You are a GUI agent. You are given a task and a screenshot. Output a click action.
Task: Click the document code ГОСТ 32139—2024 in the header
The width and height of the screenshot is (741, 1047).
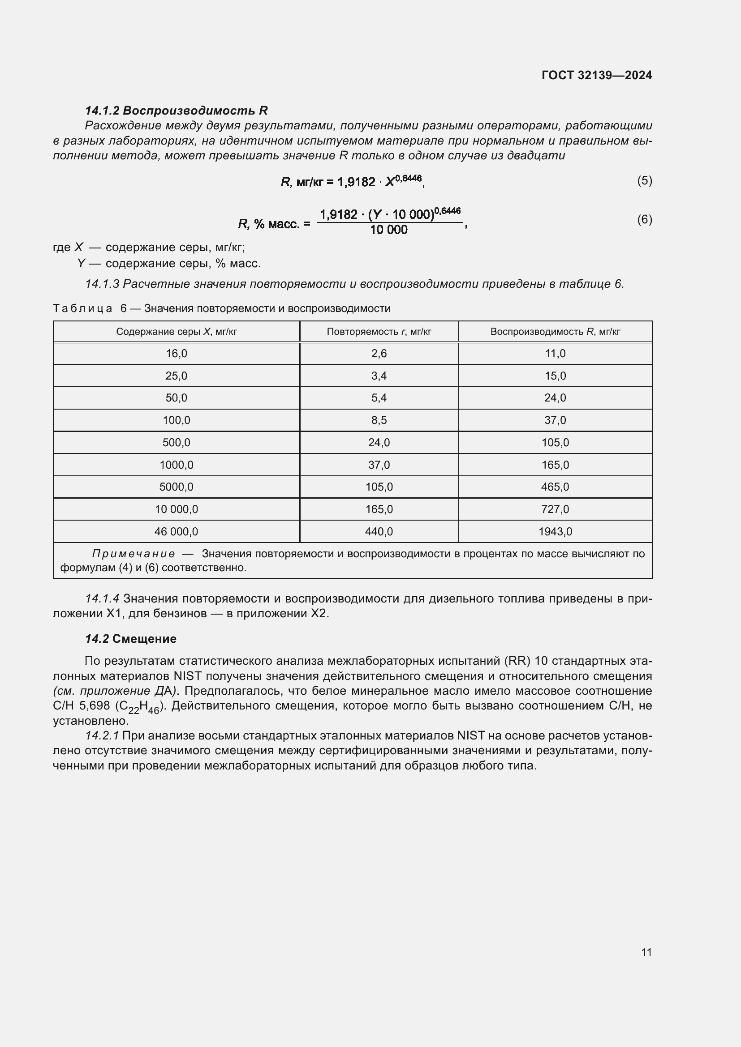point(596,75)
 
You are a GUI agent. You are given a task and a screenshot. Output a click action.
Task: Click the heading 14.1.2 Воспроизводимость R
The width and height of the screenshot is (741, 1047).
point(176,111)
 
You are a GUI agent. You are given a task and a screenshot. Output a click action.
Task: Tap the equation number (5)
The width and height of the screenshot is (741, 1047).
point(644,180)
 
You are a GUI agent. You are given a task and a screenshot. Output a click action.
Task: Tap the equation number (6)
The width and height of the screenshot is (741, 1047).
point(644,219)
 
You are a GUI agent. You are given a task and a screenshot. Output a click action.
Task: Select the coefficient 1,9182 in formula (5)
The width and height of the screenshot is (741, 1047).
point(356,182)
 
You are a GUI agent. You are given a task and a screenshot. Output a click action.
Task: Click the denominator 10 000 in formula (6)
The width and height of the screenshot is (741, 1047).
point(388,230)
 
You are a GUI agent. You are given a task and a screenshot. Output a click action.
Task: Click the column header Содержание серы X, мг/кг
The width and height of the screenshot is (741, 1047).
point(176,332)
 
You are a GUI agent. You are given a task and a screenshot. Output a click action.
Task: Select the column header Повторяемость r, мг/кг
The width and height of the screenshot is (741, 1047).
point(379,332)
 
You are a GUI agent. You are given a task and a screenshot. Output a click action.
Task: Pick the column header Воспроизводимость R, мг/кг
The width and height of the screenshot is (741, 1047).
point(555,332)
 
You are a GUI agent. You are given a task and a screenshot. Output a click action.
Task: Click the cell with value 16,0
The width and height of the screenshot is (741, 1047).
point(176,354)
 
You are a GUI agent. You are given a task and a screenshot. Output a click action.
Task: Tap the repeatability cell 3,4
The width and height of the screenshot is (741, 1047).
point(379,376)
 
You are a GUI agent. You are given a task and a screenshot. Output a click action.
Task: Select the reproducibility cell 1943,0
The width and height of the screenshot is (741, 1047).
point(555,531)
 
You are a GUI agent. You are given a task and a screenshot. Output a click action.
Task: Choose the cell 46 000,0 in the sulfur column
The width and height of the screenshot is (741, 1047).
point(176,531)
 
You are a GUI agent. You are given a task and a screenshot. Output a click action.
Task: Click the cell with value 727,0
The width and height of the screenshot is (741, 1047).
point(555,509)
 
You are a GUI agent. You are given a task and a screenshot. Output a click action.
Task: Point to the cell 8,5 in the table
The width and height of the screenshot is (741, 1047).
point(379,420)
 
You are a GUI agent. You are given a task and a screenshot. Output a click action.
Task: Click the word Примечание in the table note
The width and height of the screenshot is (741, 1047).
point(133,554)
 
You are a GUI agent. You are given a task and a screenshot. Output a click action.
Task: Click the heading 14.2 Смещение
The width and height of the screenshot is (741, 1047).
point(130,638)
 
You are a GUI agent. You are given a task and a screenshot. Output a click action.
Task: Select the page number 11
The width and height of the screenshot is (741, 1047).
point(646,952)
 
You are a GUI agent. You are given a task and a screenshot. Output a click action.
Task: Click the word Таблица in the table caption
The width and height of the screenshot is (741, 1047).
point(82,308)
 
